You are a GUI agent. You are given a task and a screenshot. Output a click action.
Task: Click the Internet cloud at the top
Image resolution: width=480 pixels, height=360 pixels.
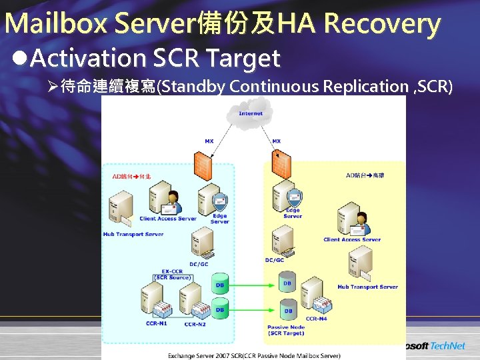point(251,115)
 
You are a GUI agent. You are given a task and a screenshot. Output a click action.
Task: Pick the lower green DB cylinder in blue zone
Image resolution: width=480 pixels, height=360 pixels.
point(219,309)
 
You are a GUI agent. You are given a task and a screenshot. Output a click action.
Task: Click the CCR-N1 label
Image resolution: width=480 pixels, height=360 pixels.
point(157,323)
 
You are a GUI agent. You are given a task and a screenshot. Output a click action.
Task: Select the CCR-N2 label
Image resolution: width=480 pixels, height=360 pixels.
point(195,324)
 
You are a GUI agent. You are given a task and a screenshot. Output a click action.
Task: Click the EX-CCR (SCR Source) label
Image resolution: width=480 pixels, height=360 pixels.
point(173,274)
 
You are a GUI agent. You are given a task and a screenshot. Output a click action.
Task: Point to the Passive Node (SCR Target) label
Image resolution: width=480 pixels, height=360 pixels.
point(286,330)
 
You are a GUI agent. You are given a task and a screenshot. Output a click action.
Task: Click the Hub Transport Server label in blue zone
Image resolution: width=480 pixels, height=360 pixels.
point(133,234)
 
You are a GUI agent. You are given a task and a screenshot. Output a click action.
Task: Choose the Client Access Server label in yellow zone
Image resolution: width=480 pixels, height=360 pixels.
point(352,239)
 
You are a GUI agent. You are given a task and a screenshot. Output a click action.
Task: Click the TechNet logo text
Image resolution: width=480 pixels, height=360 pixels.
point(448,345)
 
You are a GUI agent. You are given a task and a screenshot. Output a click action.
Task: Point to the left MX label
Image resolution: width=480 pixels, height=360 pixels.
point(209,141)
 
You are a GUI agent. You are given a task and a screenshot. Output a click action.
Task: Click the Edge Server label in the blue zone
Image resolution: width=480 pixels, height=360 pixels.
point(219,219)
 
